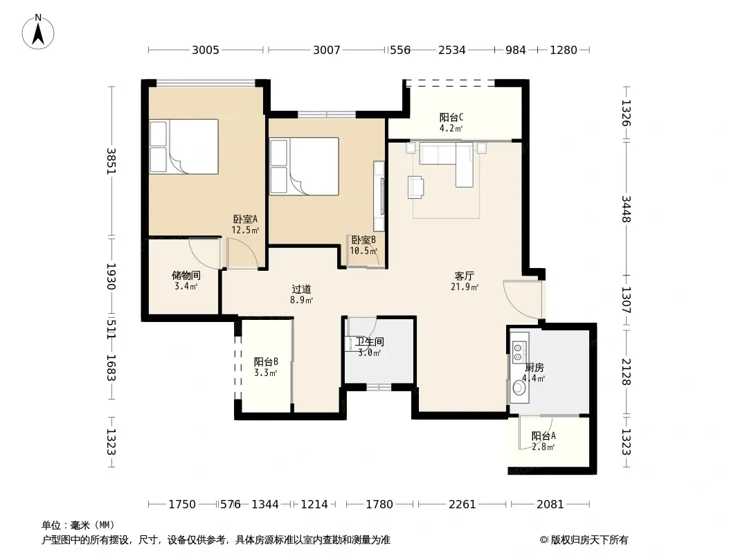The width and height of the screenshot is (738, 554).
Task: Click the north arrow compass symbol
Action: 38,32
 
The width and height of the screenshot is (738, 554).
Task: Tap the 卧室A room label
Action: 245,220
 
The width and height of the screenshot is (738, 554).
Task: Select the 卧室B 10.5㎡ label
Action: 363,245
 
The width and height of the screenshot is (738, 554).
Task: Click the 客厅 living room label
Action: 464,276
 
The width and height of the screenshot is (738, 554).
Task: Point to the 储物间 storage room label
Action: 186,276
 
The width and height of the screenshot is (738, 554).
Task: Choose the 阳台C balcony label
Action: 451,117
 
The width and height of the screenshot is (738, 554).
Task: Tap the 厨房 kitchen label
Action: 534,368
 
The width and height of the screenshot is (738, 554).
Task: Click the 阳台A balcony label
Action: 543,436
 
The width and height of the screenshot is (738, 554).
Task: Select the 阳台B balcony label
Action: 266,362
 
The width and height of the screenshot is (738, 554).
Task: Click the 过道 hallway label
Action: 301,289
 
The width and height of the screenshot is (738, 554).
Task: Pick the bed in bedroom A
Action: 184,147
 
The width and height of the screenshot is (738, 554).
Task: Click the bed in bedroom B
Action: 304,166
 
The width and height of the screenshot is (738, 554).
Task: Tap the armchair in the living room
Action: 415,186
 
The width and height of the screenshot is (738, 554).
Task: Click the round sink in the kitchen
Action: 519,388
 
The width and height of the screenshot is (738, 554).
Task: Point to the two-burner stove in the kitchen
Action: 519,348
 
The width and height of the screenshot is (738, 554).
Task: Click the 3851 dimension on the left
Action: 111,161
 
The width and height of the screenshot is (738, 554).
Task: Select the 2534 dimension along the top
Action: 452,50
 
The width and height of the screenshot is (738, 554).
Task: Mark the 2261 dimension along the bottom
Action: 462,505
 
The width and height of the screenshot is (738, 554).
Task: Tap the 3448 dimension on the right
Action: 626,208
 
